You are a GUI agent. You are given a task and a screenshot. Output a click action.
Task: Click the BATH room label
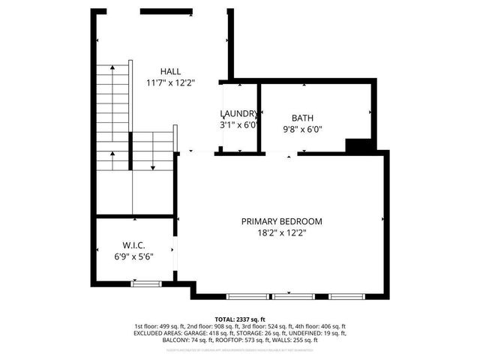302,118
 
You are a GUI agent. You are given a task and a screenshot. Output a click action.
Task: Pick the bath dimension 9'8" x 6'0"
302,129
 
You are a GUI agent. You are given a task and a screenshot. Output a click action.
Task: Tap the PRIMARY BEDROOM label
281,221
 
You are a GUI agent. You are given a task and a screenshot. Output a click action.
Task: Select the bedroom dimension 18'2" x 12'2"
281,233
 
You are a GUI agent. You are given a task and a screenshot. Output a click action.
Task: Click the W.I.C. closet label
133,245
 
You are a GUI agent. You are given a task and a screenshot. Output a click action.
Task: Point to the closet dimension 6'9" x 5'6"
133,256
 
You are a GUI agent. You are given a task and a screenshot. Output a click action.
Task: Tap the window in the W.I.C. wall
145,283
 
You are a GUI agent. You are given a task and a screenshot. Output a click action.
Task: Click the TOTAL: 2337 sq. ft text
239,319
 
